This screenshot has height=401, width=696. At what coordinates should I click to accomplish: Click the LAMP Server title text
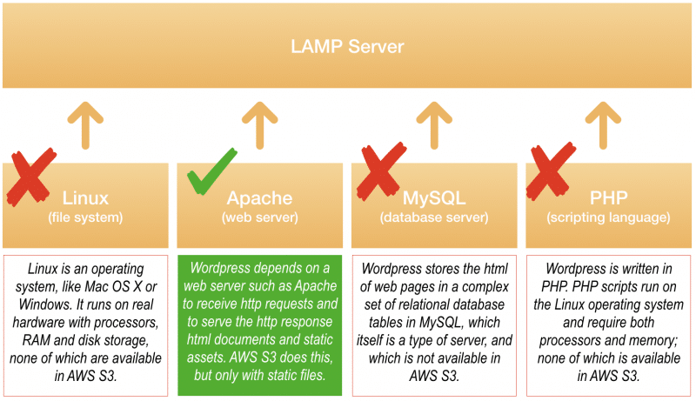click(347, 47)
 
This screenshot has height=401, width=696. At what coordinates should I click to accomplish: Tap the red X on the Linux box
click(31, 177)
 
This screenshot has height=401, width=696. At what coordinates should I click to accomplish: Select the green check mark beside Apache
click(211, 171)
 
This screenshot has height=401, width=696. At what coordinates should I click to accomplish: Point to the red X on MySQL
click(381, 171)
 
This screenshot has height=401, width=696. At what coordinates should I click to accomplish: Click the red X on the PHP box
click(551, 171)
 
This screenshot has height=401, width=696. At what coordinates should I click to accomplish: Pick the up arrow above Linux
click(85, 125)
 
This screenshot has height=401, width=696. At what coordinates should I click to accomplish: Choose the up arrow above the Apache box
click(259, 125)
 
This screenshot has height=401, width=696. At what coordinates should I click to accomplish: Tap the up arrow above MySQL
click(434, 125)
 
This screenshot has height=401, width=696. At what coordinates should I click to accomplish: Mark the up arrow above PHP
click(603, 125)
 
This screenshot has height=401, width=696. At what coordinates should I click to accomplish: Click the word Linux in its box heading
click(85, 197)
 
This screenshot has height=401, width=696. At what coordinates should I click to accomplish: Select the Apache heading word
click(259, 198)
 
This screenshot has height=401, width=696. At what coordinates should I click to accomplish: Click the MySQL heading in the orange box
click(434, 198)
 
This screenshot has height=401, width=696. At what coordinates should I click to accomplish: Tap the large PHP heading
click(608, 197)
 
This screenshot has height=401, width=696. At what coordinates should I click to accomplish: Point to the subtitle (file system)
click(85, 217)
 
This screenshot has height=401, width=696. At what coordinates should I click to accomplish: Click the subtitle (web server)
click(259, 217)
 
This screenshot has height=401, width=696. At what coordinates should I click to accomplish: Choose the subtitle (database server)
click(434, 217)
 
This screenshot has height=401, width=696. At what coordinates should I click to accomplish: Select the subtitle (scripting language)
click(608, 217)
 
